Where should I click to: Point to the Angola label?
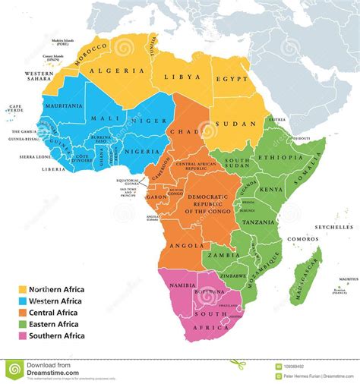[186, 245]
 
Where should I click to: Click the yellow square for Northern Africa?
[24, 289]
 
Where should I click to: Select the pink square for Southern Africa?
[24, 335]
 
